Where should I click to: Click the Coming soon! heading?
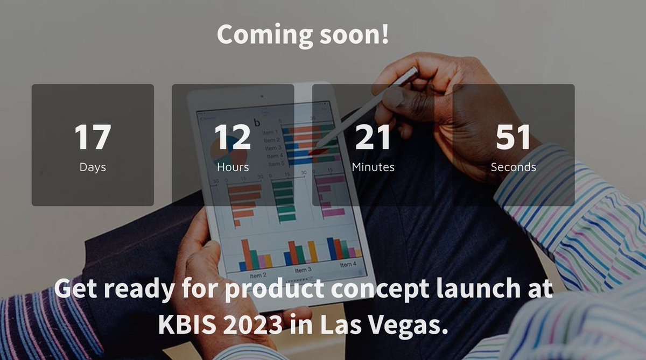(303, 34)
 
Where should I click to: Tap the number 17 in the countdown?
(93, 137)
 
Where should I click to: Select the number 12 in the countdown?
(233, 137)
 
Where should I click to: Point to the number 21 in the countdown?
(373, 137)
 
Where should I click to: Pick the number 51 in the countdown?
(513, 137)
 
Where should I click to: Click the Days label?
(93, 167)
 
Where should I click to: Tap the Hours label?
(233, 167)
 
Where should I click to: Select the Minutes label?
(373, 167)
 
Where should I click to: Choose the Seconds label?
(513, 167)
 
